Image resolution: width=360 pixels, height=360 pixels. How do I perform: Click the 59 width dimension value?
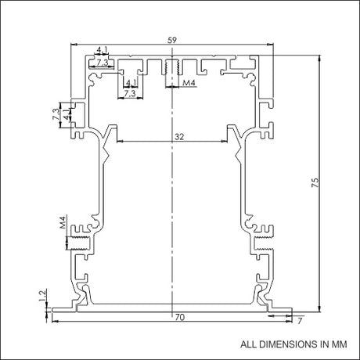172,40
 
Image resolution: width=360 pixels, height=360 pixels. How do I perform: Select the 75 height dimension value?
315,182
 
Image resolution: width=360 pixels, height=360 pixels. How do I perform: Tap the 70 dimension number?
180,317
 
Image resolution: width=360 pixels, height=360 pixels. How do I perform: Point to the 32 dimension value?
179,136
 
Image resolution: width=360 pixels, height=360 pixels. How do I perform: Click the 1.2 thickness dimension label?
43,295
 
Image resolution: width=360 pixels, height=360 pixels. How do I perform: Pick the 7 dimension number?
300,321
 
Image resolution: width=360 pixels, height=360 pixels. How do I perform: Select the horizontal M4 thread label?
189,83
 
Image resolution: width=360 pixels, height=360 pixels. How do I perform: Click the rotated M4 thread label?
63,222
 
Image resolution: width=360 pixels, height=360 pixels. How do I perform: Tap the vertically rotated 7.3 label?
56,114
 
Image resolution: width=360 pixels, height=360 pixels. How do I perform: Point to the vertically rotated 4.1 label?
67,114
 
